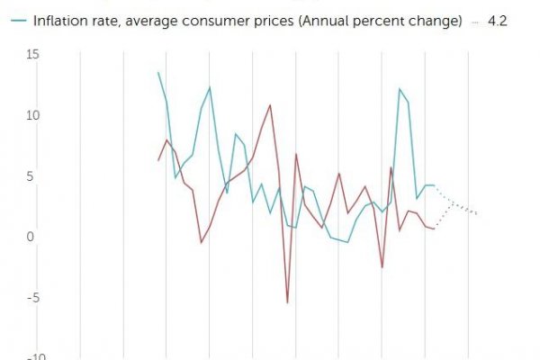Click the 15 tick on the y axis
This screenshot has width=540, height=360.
pos(33,55)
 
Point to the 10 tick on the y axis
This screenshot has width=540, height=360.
pos(33,116)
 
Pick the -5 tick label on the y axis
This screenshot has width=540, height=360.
pos(34,298)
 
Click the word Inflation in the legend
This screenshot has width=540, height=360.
pos(58,20)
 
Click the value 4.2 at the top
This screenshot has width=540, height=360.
pos(498,20)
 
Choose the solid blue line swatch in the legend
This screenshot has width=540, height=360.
pos(13,20)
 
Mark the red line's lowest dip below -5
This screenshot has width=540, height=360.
pos(288,302)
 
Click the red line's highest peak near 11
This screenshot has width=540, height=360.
pos(270,105)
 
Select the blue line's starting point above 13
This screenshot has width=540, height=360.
pos(158,73)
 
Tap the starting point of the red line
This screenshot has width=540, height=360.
pos(158,160)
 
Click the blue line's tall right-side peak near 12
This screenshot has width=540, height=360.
pos(400,89)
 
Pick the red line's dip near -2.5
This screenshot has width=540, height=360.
pos(382,267)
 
